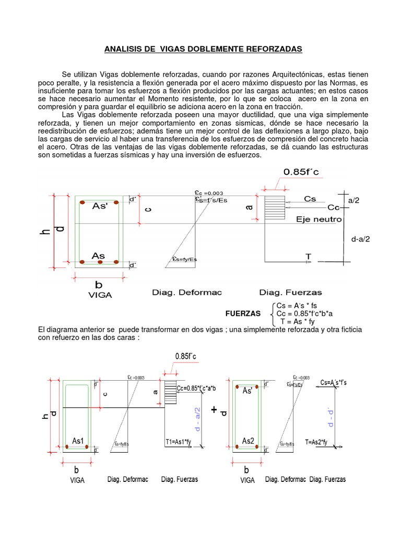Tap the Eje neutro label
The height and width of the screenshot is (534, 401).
[x=319, y=220]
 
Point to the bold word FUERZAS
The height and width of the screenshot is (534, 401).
[x=243, y=313]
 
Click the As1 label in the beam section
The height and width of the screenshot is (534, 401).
[x=78, y=441]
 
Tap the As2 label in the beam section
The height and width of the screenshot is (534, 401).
[x=248, y=441]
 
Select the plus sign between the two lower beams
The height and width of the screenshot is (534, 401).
[x=214, y=410]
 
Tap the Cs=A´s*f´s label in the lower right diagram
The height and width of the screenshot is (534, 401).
[x=333, y=383]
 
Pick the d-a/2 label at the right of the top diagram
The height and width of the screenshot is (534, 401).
[x=360, y=239]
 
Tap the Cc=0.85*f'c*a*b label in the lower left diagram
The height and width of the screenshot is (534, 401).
[x=196, y=387]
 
